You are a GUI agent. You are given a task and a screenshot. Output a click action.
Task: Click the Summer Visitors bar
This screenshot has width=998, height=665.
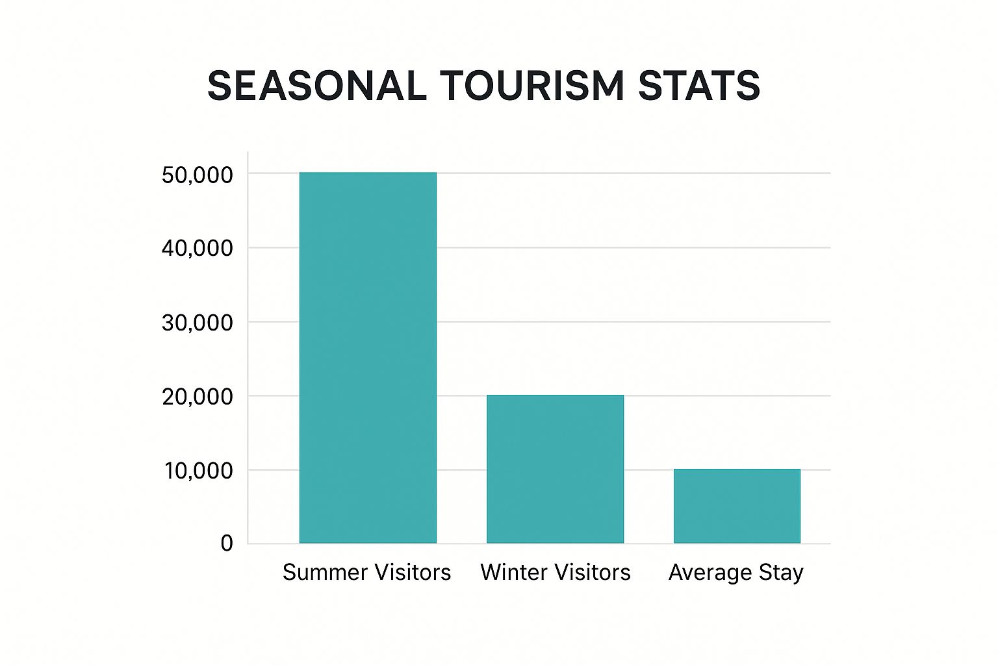pos(368,357)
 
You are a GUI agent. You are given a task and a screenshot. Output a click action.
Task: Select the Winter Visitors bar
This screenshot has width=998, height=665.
pos(555,469)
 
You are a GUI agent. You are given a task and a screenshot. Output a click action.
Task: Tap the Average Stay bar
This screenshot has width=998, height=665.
pos(737,506)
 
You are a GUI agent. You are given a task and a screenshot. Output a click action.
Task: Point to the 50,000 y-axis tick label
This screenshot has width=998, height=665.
pos(197,175)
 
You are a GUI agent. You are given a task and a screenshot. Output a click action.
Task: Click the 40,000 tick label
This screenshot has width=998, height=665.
pos(197,248)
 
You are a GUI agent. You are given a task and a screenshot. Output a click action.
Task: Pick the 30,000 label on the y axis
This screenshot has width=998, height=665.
pos(197,322)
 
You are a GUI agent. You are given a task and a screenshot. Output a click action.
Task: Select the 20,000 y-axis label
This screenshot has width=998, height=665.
pos(197,396)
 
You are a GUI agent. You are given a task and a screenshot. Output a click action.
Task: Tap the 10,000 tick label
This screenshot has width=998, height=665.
pos(198,470)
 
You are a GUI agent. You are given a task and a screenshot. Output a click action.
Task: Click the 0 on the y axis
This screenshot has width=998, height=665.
pos(226,543)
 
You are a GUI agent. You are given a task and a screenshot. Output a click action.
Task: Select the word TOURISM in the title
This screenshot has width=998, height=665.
pos(531,86)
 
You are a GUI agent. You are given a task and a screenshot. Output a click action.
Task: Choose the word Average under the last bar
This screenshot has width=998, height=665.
pos(710,573)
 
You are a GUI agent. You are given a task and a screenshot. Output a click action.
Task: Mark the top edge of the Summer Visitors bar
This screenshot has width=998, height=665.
pos(368,173)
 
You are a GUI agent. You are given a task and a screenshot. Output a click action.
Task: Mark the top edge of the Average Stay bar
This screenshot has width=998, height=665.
pos(737,470)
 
